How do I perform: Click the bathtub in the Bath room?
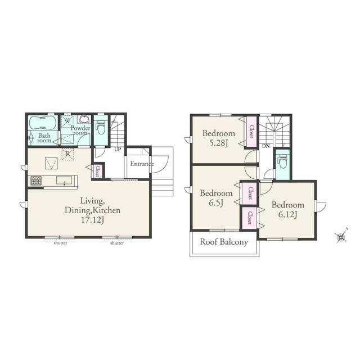[43, 123]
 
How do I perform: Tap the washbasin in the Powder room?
[85, 119]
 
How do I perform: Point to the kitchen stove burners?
[36, 181]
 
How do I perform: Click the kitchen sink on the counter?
[64, 181]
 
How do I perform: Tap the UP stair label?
[118, 150]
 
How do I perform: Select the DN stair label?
[265, 146]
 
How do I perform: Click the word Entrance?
[142, 164]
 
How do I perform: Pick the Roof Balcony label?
[224, 242]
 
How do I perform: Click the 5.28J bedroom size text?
[218, 143]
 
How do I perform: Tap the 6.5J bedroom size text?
[216, 203]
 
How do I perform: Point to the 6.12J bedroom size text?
[287, 214]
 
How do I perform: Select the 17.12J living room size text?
[92, 220]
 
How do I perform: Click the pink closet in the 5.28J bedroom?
[251, 132]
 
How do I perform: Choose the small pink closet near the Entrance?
[97, 171]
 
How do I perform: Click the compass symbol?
[341, 236]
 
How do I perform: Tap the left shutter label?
[60, 242]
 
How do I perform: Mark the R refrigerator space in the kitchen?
[67, 154]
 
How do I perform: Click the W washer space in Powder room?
[67, 121]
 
